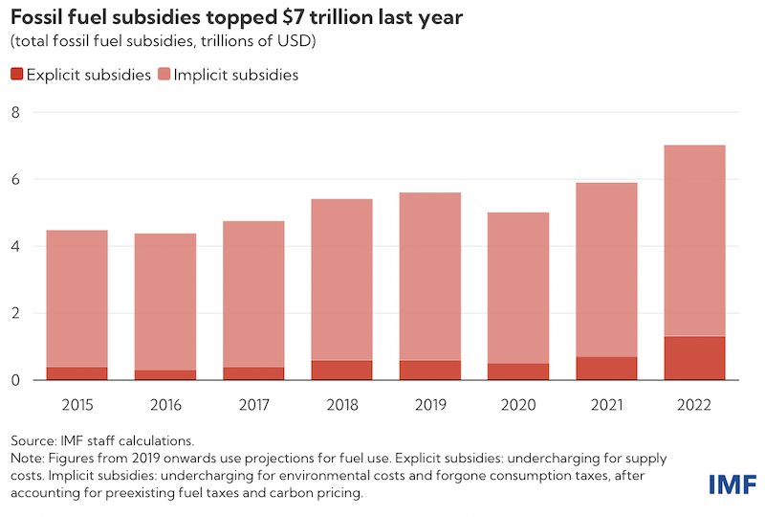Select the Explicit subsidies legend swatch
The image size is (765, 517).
click(x=17, y=75)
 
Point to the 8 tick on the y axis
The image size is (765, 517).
click(x=14, y=112)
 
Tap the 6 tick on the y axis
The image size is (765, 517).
click(x=14, y=179)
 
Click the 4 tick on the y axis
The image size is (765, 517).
click(x=14, y=246)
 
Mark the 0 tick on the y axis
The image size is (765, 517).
click(x=14, y=380)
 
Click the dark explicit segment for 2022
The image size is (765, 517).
click(x=694, y=358)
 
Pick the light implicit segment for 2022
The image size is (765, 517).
click(x=694, y=239)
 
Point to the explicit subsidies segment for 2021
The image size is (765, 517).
click(x=606, y=369)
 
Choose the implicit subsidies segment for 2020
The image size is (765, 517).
click(x=517, y=287)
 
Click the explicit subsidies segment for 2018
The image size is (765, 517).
click(x=341, y=371)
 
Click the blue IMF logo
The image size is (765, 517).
click(x=732, y=484)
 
